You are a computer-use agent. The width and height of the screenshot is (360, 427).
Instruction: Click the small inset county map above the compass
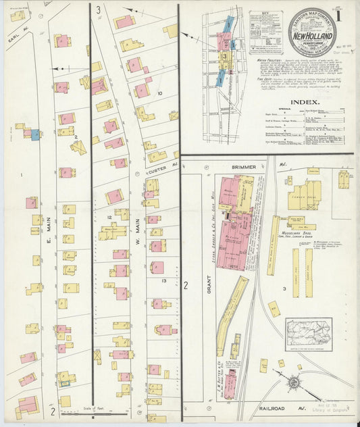tap(308, 334)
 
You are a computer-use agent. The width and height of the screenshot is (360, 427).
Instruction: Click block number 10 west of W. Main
tap(159, 93)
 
